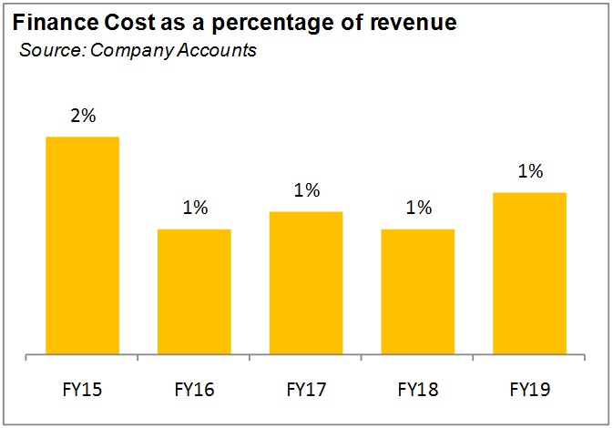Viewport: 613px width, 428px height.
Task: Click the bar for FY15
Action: point(82,244)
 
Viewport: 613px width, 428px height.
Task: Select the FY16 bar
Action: point(194,290)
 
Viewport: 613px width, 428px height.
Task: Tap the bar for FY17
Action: point(306,281)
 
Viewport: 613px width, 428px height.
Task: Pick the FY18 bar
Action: point(418,290)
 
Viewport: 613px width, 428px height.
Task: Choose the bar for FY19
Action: point(530,272)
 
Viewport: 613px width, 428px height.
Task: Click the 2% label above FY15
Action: point(82,117)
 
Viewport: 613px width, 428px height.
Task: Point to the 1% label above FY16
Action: point(194,208)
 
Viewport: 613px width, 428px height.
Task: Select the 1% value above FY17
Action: point(307,190)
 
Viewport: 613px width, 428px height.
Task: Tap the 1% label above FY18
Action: point(418,208)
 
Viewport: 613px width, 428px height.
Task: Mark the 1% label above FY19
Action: point(530,171)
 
